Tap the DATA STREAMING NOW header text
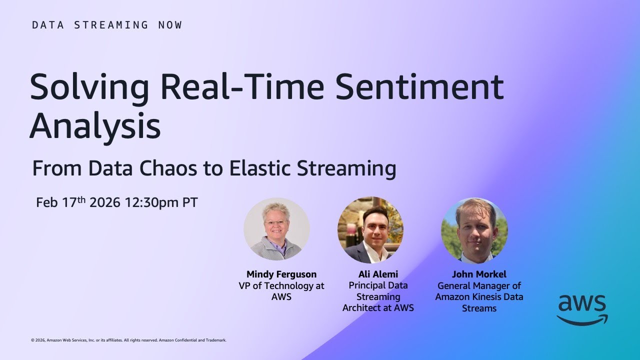(107, 25)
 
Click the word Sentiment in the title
(419, 87)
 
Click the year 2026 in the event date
(105, 202)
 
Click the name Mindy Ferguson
(281, 274)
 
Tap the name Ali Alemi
(378, 274)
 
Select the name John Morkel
(479, 274)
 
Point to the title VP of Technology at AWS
(281, 291)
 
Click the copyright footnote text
(128, 340)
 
